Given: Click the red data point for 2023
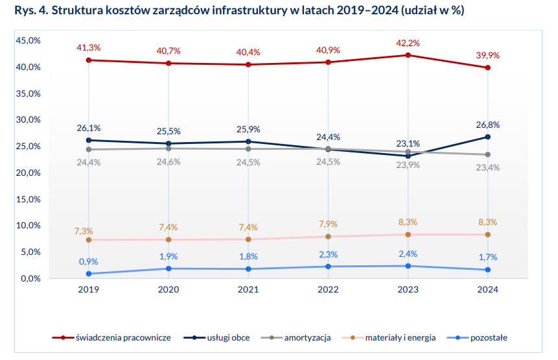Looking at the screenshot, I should pos(408,55).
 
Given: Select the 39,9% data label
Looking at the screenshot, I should pos(487,55).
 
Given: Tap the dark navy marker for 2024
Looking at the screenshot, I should pos(487,137).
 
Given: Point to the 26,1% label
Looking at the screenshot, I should pos(89,128).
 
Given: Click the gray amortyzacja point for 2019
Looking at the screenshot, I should pos(89,149).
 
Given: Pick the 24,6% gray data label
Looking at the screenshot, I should pos(169,162).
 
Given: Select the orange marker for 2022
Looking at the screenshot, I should pos(328,236).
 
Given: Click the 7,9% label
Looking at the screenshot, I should pos(328,224).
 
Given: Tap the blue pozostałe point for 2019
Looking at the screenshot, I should pos(89,274).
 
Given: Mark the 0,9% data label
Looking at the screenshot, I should pos(89,261).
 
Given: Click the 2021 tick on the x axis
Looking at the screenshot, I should pos(248,291).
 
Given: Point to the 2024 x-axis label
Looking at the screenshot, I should pos(487,291).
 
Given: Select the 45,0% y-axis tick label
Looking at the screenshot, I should pos(29,41).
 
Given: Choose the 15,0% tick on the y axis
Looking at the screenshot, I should pos(29,199).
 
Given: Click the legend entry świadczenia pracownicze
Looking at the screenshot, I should pos(114,338).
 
